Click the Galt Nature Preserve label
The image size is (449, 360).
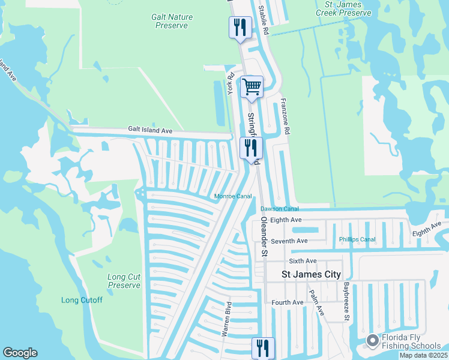(x=171, y=21)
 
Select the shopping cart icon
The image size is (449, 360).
(x=252, y=86)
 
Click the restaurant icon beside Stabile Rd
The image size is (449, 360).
(x=240, y=28)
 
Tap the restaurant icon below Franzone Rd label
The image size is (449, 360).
(x=251, y=148)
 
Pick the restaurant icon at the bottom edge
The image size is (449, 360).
(x=263, y=347)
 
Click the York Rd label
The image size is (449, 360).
(x=230, y=83)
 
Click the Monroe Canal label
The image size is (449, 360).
(x=233, y=196)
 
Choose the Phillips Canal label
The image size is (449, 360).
(x=357, y=239)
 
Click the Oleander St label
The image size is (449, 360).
(x=263, y=237)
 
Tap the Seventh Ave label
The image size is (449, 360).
(x=289, y=241)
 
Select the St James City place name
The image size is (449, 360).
(x=311, y=274)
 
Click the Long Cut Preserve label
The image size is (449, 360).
(x=124, y=281)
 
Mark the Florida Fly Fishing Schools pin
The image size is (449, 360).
(x=372, y=341)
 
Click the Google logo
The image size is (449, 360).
(x=20, y=353)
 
